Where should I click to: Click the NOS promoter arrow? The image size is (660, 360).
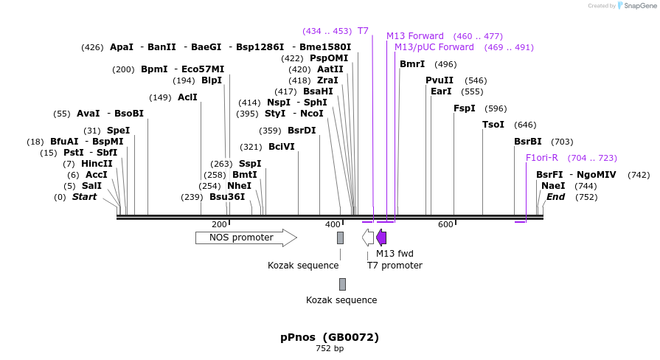(x=246, y=238)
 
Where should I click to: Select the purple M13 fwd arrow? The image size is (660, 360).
(x=381, y=238)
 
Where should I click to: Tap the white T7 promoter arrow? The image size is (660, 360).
(x=367, y=238)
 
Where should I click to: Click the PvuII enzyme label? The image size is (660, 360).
(x=440, y=80)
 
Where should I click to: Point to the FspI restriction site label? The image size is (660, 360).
(x=465, y=108)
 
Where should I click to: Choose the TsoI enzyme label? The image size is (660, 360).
(x=493, y=125)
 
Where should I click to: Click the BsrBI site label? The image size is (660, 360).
(x=528, y=142)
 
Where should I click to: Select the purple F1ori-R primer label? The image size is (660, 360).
(x=542, y=158)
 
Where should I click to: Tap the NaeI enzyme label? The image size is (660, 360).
(x=553, y=186)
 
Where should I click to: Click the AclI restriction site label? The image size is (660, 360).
(x=187, y=97)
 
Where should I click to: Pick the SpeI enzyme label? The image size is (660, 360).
(x=118, y=131)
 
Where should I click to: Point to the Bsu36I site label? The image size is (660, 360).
(x=227, y=197)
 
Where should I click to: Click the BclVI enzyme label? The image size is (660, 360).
(x=282, y=147)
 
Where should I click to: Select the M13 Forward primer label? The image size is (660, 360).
(x=415, y=36)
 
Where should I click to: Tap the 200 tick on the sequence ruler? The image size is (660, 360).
(x=219, y=224)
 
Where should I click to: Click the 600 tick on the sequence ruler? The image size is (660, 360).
(x=445, y=224)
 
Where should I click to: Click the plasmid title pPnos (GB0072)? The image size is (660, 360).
(x=330, y=337)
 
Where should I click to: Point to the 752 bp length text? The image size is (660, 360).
(x=330, y=348)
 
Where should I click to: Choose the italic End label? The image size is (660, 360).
(x=555, y=197)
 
